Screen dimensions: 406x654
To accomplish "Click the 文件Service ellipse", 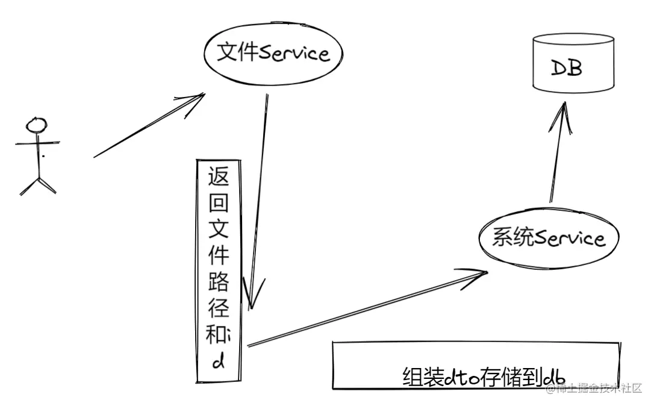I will (x=273, y=54).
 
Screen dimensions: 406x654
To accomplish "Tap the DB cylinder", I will (x=573, y=63).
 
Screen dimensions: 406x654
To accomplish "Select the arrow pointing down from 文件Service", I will (x=257, y=199).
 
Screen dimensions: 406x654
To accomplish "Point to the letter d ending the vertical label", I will (x=218, y=363).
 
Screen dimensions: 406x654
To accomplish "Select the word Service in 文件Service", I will (x=294, y=54).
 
